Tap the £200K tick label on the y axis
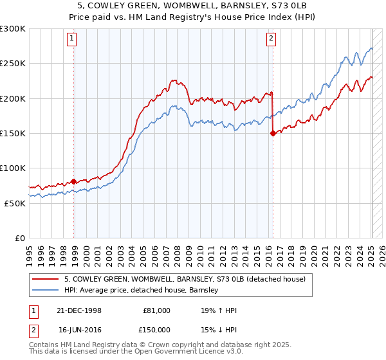click(x=12, y=98)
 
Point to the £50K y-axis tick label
click(x=14, y=203)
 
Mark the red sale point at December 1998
click(x=74, y=181)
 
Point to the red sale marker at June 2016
click(x=273, y=134)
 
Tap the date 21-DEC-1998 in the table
click(x=80, y=310)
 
